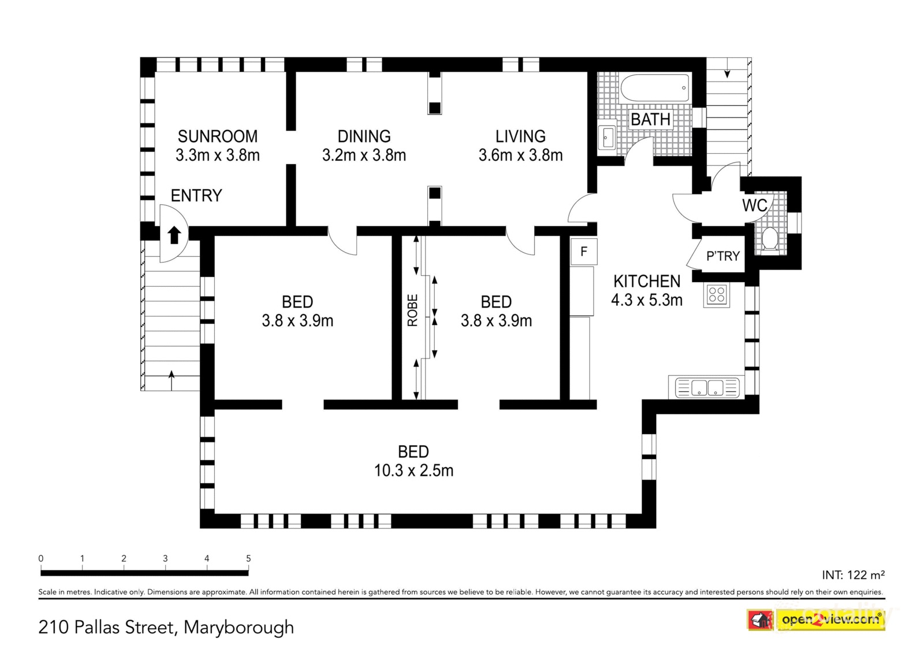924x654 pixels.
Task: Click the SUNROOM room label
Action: [x=217, y=136]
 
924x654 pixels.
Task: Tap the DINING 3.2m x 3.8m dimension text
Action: [x=364, y=156]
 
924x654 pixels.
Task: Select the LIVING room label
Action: [x=520, y=136]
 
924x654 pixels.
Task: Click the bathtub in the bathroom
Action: [x=655, y=87]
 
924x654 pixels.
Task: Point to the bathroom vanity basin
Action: [x=608, y=136]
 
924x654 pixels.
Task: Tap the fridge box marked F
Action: [x=584, y=251]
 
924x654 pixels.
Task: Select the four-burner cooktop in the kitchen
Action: [x=717, y=295]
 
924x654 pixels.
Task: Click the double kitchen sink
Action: [x=707, y=387]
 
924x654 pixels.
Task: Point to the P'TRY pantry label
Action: [x=722, y=256]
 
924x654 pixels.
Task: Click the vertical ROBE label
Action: [x=412, y=311]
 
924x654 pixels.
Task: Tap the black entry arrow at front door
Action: [x=174, y=235]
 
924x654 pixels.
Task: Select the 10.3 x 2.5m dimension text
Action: [x=413, y=471]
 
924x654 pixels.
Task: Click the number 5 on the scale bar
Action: [x=248, y=558]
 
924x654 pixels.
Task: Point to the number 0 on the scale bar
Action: [x=41, y=558]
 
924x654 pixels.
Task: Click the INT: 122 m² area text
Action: [x=853, y=575]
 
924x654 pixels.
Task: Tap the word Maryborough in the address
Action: [x=239, y=627]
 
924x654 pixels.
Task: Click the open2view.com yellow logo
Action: [x=831, y=620]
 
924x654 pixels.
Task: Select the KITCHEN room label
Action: [x=646, y=282]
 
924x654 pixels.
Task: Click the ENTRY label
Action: [x=196, y=195]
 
